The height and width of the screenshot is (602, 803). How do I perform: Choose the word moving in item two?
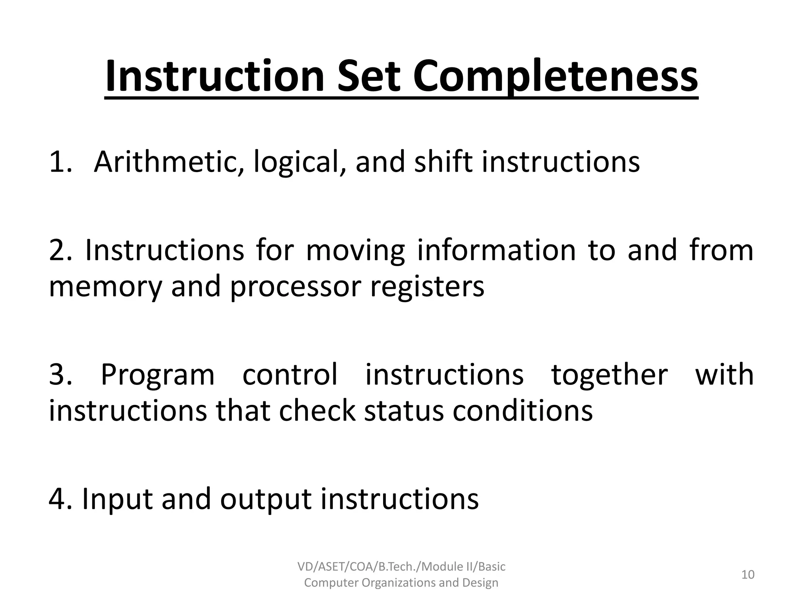(x=355, y=251)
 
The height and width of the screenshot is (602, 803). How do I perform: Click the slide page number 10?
(x=748, y=575)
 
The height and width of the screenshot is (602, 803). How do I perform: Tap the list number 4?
(x=57, y=499)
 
